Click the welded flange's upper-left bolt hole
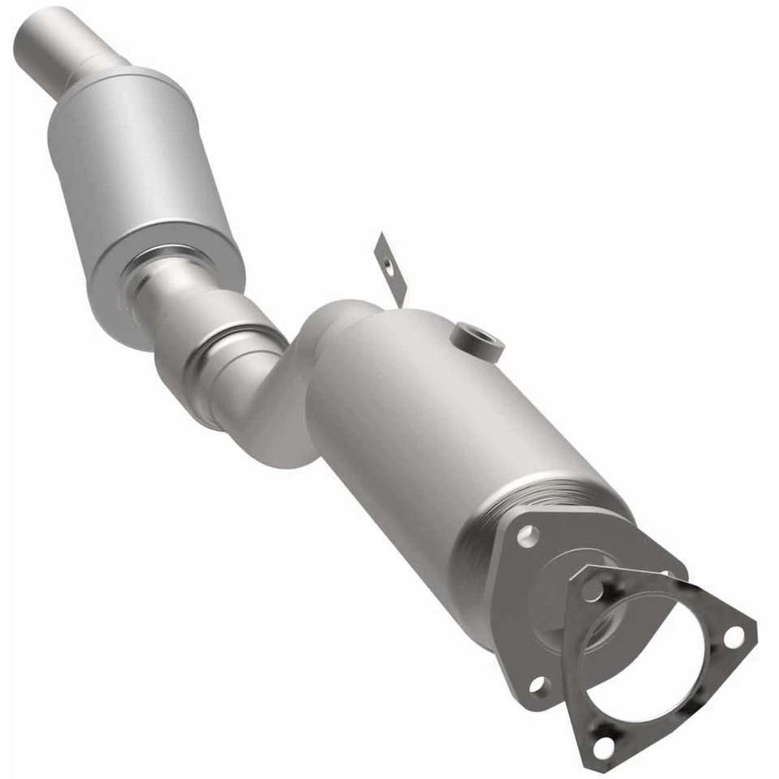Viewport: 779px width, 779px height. coord(527,533)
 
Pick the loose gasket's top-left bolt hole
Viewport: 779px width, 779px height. coord(595,590)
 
